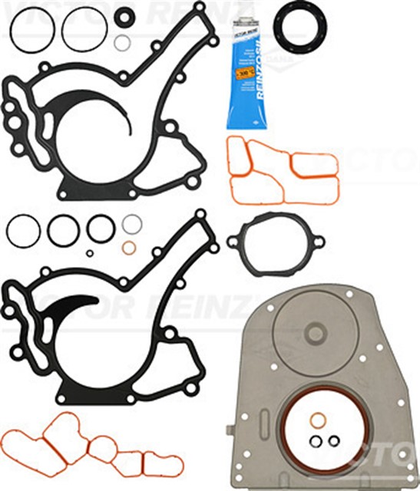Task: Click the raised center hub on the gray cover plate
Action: click(316, 334)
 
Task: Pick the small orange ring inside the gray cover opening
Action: click(319, 420)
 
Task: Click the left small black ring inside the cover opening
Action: click(316, 441)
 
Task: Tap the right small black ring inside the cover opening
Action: click(333, 441)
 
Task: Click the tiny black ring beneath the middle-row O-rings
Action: click(90, 252)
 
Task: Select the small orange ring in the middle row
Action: click(130, 247)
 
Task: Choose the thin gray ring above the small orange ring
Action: click(131, 224)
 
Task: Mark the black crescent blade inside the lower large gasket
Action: click(73, 307)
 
